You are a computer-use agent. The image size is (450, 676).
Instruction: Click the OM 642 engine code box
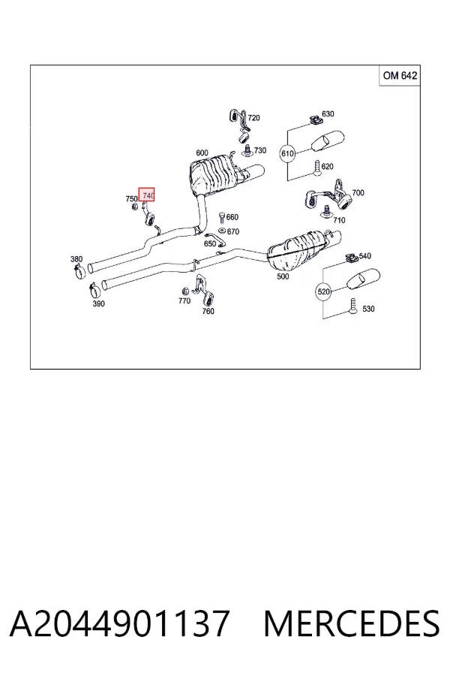pyautogui.click(x=400, y=75)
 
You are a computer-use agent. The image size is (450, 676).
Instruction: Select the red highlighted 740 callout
pyautogui.click(x=146, y=195)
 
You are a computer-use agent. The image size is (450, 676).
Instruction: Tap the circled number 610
pyautogui.click(x=287, y=153)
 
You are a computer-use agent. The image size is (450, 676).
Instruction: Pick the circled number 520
pyautogui.click(x=323, y=292)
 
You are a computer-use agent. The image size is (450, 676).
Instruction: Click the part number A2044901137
pyautogui.click(x=119, y=623)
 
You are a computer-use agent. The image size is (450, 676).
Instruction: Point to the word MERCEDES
pyautogui.click(x=352, y=623)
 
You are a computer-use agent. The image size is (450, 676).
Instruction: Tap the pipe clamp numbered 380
pyautogui.click(x=79, y=272)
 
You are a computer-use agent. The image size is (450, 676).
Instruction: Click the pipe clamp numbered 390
pyautogui.click(x=94, y=289)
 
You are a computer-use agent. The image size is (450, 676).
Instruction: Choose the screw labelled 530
pyautogui.click(x=353, y=306)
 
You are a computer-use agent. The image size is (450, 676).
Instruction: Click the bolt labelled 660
pyautogui.click(x=222, y=217)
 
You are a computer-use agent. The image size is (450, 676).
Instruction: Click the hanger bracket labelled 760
pyautogui.click(x=204, y=289)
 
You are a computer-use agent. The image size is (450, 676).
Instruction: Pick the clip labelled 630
pyautogui.click(x=316, y=119)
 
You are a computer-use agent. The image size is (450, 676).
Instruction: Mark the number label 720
pyautogui.click(x=254, y=118)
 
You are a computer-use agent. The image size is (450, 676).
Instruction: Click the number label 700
pyautogui.click(x=358, y=193)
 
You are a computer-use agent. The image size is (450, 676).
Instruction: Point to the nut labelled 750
pyautogui.click(x=134, y=207)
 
